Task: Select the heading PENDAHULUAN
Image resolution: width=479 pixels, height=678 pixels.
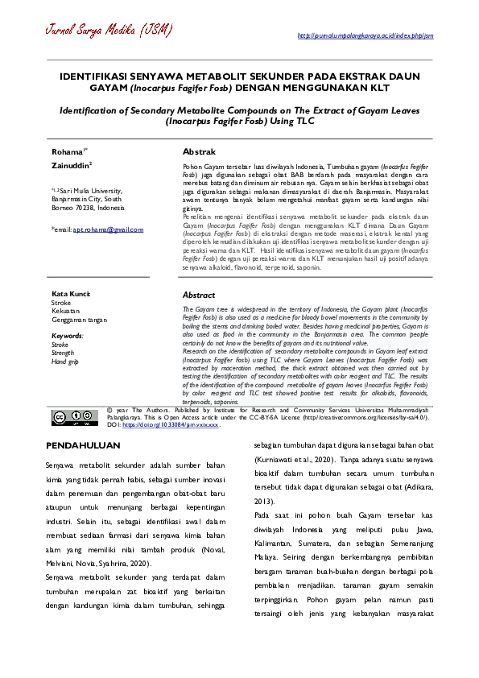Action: [83, 445]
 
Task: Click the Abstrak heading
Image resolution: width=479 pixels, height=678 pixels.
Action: [199, 151]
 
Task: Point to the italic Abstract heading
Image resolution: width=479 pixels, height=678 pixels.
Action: [199, 296]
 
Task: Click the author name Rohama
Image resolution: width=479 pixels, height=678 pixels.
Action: [67, 151]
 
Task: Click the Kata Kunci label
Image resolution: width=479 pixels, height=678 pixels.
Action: [71, 294]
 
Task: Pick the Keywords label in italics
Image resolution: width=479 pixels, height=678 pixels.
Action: [67, 335]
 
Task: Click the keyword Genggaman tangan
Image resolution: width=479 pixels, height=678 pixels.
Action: [78, 320]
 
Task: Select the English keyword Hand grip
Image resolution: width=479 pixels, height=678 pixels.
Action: [64, 362]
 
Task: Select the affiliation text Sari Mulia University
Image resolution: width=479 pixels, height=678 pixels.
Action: [89, 191]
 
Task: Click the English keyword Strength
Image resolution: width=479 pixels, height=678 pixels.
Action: [63, 353]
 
